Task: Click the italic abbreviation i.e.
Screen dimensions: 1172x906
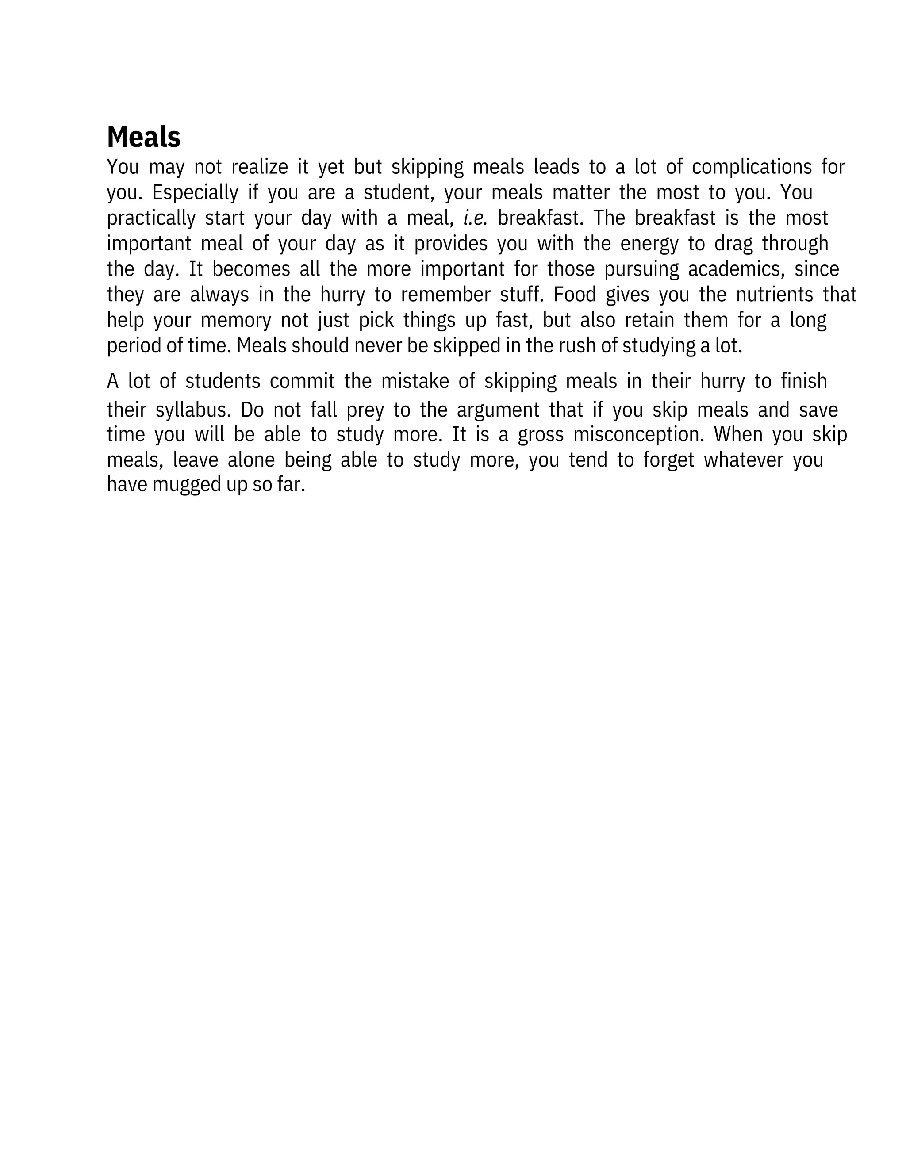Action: coord(475,218)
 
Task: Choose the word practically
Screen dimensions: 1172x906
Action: coord(151,218)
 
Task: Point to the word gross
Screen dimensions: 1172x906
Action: coord(541,435)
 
